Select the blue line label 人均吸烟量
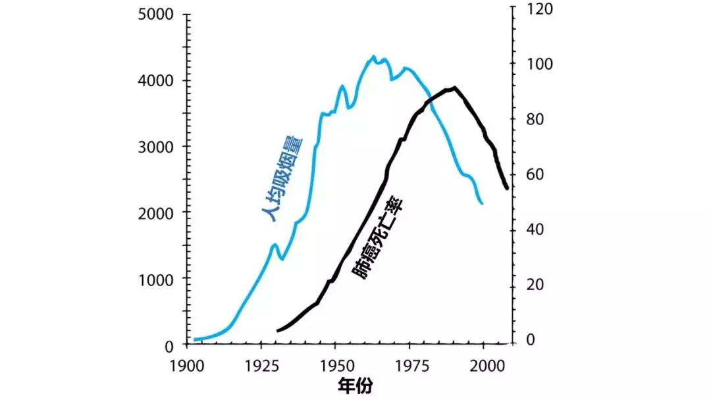click(x=281, y=178)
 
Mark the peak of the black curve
click(x=454, y=87)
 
